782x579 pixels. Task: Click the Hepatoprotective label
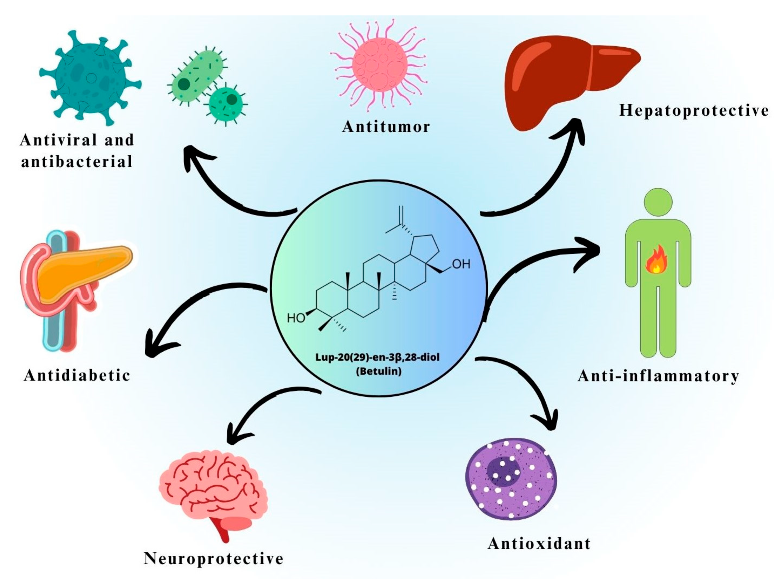coord(694,111)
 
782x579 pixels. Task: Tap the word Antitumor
coord(386,127)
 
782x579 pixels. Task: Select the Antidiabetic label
coord(77,376)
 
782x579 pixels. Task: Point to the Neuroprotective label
coord(213,559)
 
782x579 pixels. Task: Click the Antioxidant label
coord(539,544)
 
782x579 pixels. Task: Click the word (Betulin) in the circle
coord(379,371)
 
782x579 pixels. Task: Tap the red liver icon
coord(565,81)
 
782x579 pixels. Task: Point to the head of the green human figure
coord(658,202)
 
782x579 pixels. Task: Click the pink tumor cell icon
coord(379,65)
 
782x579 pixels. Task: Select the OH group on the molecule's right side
coord(461,264)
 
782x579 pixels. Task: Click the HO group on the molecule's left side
coord(295,318)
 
